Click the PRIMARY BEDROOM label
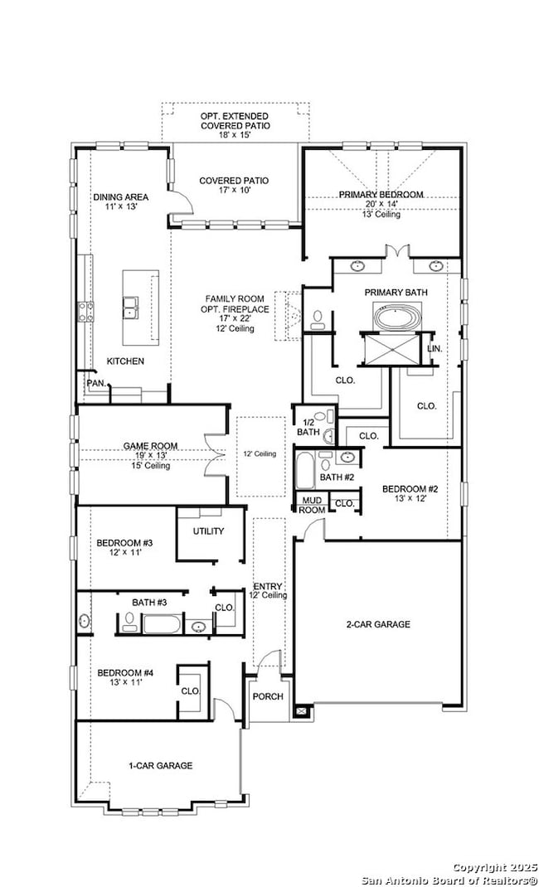tap(381, 195)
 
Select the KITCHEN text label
tap(125, 361)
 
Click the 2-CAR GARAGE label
tap(377, 624)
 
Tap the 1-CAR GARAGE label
tap(160, 766)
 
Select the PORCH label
tap(268, 696)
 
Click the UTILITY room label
tap(208, 531)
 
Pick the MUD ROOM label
tap(313, 505)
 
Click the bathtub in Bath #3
tap(160, 623)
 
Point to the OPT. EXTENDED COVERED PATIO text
tap(235, 121)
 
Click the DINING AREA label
tap(121, 197)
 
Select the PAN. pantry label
tap(95, 384)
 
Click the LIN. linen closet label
tap(435, 349)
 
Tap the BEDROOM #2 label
tap(410, 489)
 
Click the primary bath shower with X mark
tap(391, 350)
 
